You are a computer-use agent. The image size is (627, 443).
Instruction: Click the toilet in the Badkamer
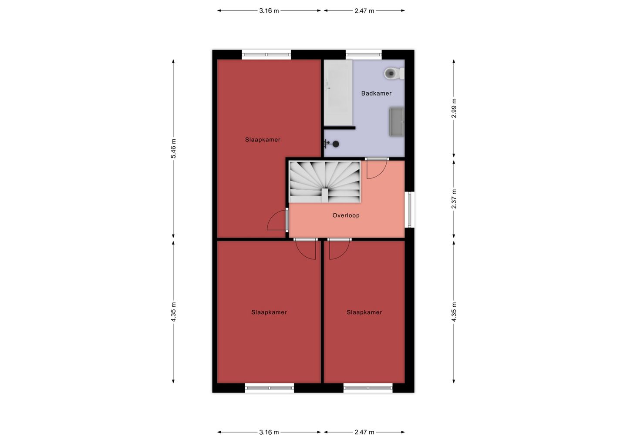394,74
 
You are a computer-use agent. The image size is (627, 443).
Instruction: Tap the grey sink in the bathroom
397,122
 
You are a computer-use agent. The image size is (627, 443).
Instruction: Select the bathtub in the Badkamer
338,93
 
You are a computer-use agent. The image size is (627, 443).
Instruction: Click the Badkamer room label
376,94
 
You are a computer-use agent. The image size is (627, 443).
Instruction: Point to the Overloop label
346,215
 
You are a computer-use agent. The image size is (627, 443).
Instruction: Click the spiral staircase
325,182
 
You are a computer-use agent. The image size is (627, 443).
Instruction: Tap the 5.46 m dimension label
174,148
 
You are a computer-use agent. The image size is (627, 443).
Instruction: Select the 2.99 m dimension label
454,108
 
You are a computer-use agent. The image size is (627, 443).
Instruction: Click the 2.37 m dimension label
454,199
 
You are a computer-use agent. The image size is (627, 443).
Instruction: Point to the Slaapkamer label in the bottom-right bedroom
364,312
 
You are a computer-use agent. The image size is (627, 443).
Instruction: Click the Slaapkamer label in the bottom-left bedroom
269,312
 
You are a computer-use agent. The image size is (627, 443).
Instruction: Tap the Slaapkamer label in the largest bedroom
263,140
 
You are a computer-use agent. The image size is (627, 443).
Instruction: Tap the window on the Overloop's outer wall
409,209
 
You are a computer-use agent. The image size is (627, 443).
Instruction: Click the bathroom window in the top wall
364,54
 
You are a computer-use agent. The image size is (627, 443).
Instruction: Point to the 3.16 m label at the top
269,11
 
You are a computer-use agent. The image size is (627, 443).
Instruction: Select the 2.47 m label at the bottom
364,432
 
